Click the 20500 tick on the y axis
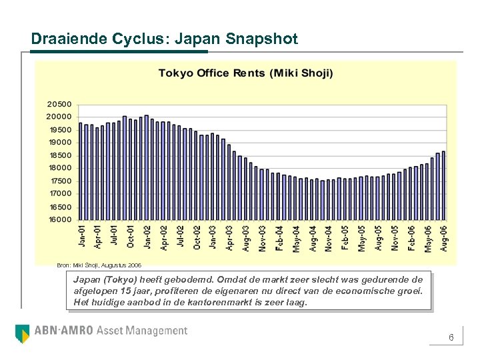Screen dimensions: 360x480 click(59, 104)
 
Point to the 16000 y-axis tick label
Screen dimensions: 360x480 click(59, 219)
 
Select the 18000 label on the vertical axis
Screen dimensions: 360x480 click(59, 168)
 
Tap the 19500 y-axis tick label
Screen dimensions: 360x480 click(59, 129)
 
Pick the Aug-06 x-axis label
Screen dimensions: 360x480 click(443, 237)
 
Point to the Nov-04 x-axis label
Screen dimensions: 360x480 click(329, 237)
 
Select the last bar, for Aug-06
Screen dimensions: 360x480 click(443, 185)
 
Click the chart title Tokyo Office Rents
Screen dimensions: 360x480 click(245, 73)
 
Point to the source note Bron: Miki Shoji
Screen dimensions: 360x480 click(99, 265)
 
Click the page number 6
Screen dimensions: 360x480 click(451, 338)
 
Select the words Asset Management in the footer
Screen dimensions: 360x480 click(142, 331)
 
